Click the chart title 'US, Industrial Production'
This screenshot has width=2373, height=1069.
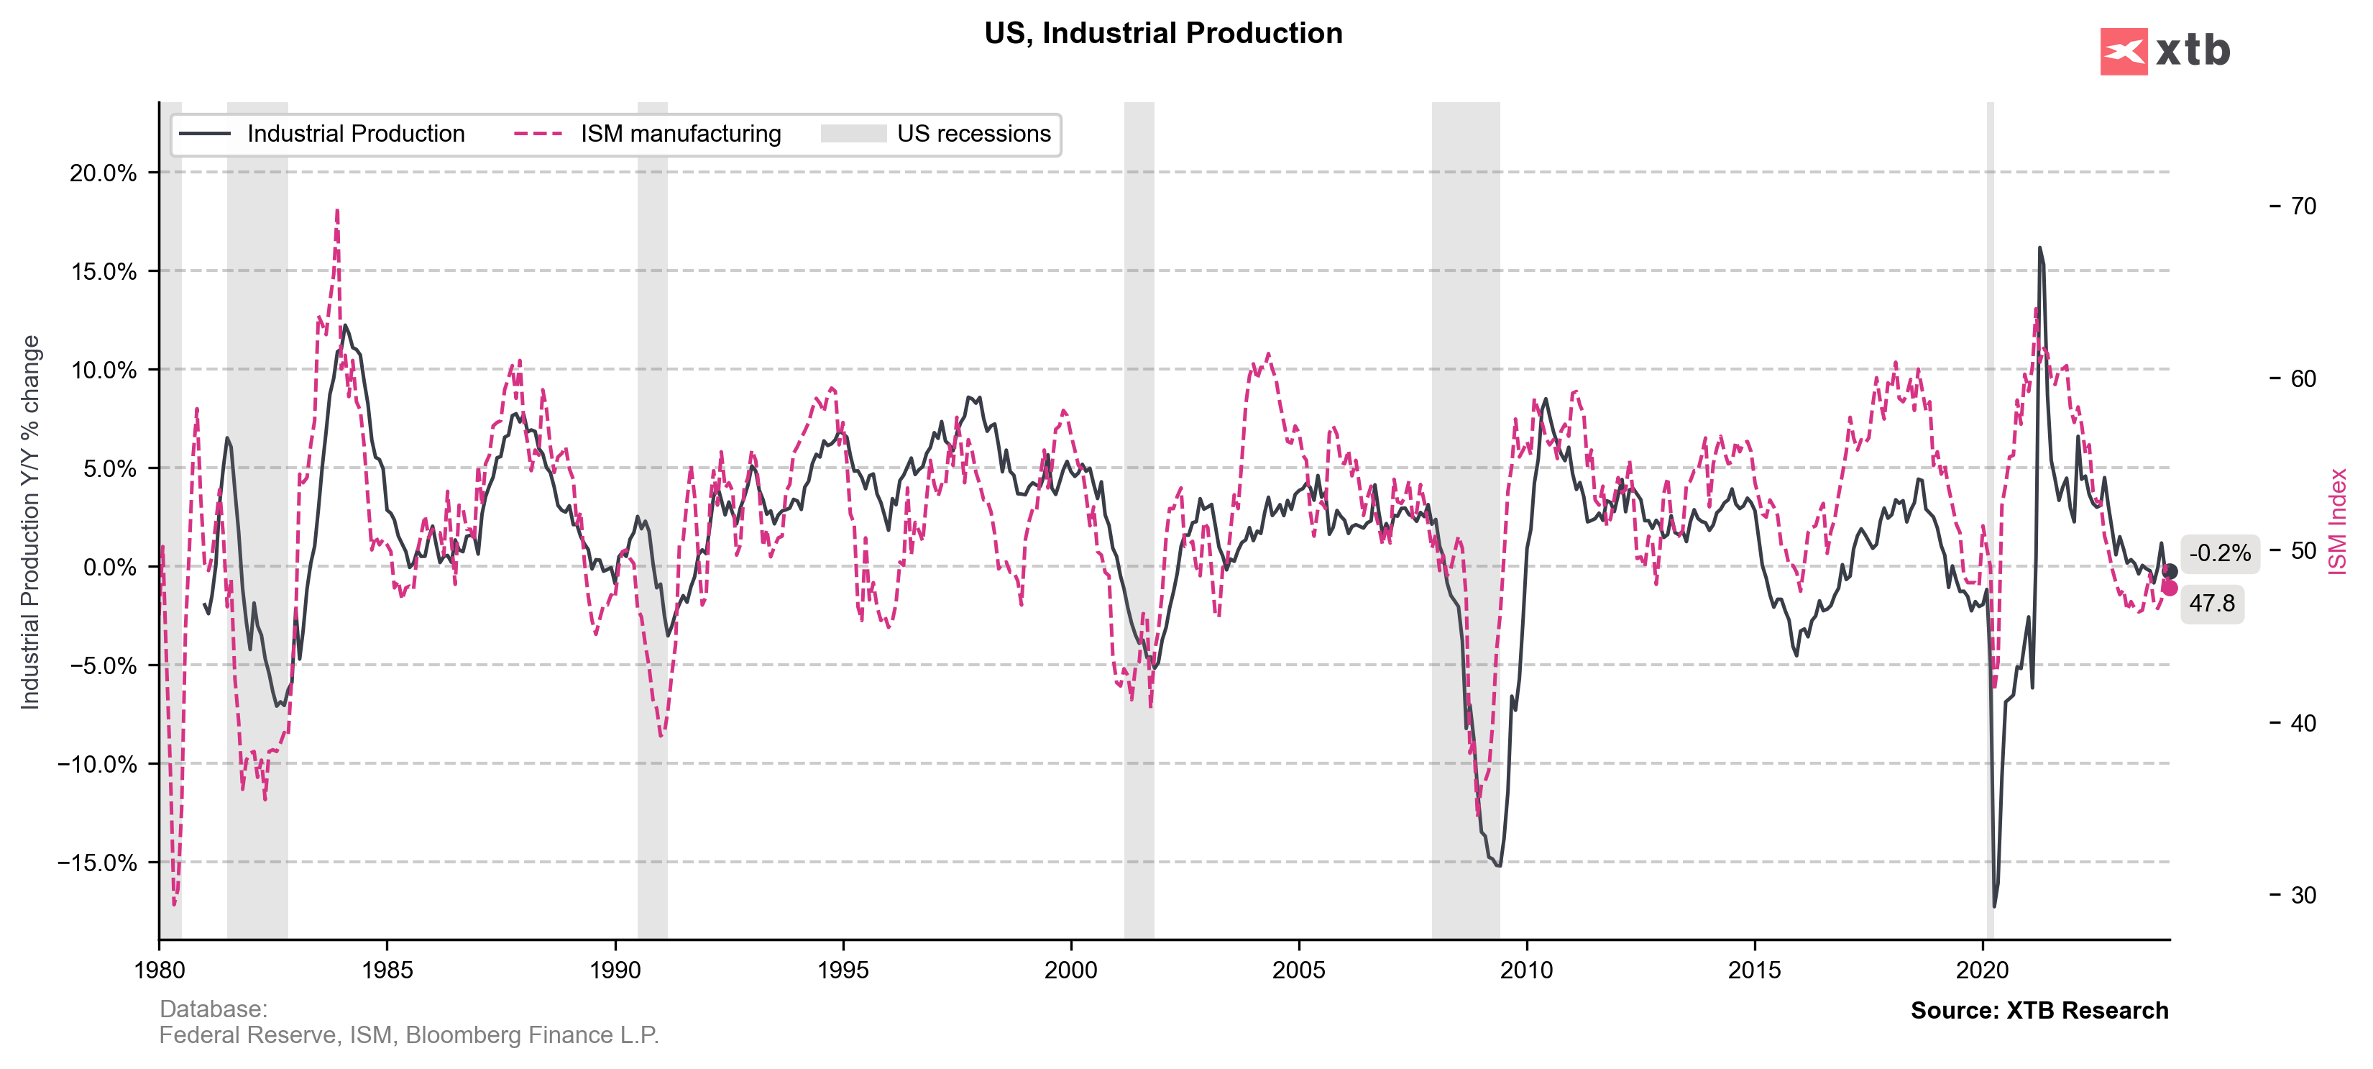[1162, 33]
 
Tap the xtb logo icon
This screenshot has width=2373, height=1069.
[2124, 52]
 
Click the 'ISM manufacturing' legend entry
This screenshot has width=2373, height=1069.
[680, 135]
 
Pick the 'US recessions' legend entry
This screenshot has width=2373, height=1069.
[973, 135]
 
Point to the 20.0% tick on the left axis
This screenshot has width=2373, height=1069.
[104, 173]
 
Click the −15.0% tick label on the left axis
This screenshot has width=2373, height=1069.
[97, 863]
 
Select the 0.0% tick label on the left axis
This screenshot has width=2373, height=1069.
[109, 568]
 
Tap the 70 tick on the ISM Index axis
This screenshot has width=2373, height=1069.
[2303, 206]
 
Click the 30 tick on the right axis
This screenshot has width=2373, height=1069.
[2303, 896]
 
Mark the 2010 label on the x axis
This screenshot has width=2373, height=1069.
[1526, 970]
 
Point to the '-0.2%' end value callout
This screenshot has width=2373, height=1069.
[2219, 554]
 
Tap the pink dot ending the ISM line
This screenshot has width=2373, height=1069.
[2170, 588]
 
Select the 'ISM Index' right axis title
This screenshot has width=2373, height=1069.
[2337, 522]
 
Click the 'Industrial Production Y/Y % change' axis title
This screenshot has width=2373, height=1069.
[30, 522]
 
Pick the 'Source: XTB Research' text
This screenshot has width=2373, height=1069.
[2039, 1010]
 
